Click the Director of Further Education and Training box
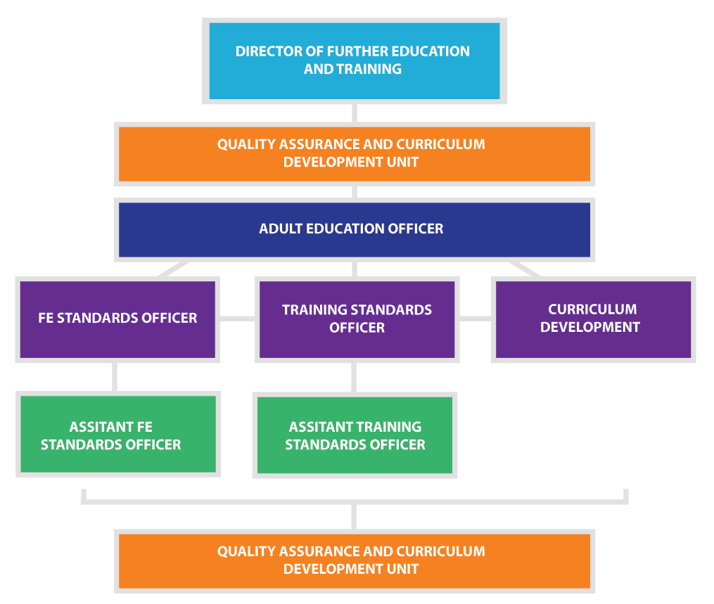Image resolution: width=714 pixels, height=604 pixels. click(355, 61)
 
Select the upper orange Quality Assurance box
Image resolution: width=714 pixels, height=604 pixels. click(355, 154)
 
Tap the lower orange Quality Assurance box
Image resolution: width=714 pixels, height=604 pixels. click(355, 561)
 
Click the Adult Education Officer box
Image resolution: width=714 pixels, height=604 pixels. click(355, 230)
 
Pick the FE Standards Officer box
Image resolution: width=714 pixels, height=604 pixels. click(117, 319)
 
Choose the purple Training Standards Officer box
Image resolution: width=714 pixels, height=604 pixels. click(357, 319)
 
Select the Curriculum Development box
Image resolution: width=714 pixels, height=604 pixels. click(593, 319)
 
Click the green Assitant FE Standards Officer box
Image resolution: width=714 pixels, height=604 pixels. click(118, 435)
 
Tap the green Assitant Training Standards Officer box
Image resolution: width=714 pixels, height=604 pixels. click(355, 435)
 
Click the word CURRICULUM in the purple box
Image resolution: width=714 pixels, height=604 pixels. click(592, 309)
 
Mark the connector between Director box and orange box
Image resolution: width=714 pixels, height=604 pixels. click(355, 113)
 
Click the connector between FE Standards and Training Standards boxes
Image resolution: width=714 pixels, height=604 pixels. click(237, 319)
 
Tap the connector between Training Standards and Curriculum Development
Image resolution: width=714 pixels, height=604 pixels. click(475, 319)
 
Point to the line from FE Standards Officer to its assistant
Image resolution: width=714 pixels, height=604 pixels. click(114, 377)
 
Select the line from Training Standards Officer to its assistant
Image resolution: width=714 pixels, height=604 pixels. click(354, 378)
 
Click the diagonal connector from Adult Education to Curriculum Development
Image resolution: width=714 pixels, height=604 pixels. click(525, 269)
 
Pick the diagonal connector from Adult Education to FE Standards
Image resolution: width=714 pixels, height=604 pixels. click(173, 269)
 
